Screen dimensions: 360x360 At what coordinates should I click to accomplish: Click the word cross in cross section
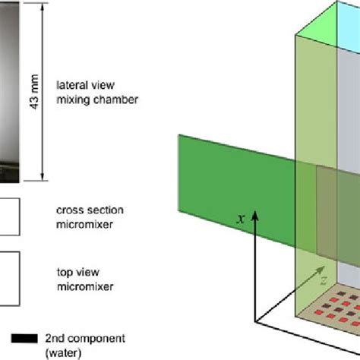(x=70, y=210)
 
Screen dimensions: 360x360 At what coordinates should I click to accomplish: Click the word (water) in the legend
(x=65, y=351)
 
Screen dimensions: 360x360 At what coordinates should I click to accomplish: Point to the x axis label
(x=241, y=218)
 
